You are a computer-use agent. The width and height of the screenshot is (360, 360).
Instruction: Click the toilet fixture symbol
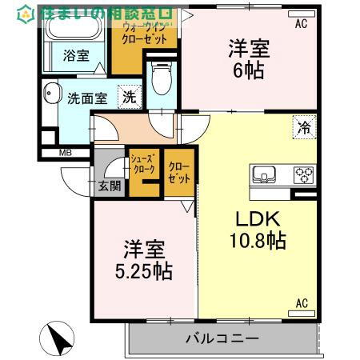(x=161, y=79)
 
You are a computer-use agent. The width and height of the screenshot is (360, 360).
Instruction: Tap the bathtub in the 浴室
(x=70, y=30)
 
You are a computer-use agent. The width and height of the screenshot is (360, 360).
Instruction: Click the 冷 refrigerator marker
(x=304, y=126)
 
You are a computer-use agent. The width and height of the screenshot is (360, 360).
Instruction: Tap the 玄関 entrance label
(x=109, y=186)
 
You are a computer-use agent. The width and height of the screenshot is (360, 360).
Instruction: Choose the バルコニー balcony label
(x=222, y=338)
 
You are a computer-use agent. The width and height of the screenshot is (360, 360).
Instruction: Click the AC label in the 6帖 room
(x=301, y=24)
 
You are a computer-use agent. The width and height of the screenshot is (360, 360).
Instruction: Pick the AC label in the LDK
(x=302, y=302)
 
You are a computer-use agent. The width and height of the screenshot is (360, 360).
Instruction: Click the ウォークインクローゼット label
(x=144, y=33)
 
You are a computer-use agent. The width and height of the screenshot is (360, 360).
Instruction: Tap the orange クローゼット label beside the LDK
(x=179, y=172)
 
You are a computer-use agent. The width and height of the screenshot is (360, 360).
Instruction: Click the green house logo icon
(x=26, y=14)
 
